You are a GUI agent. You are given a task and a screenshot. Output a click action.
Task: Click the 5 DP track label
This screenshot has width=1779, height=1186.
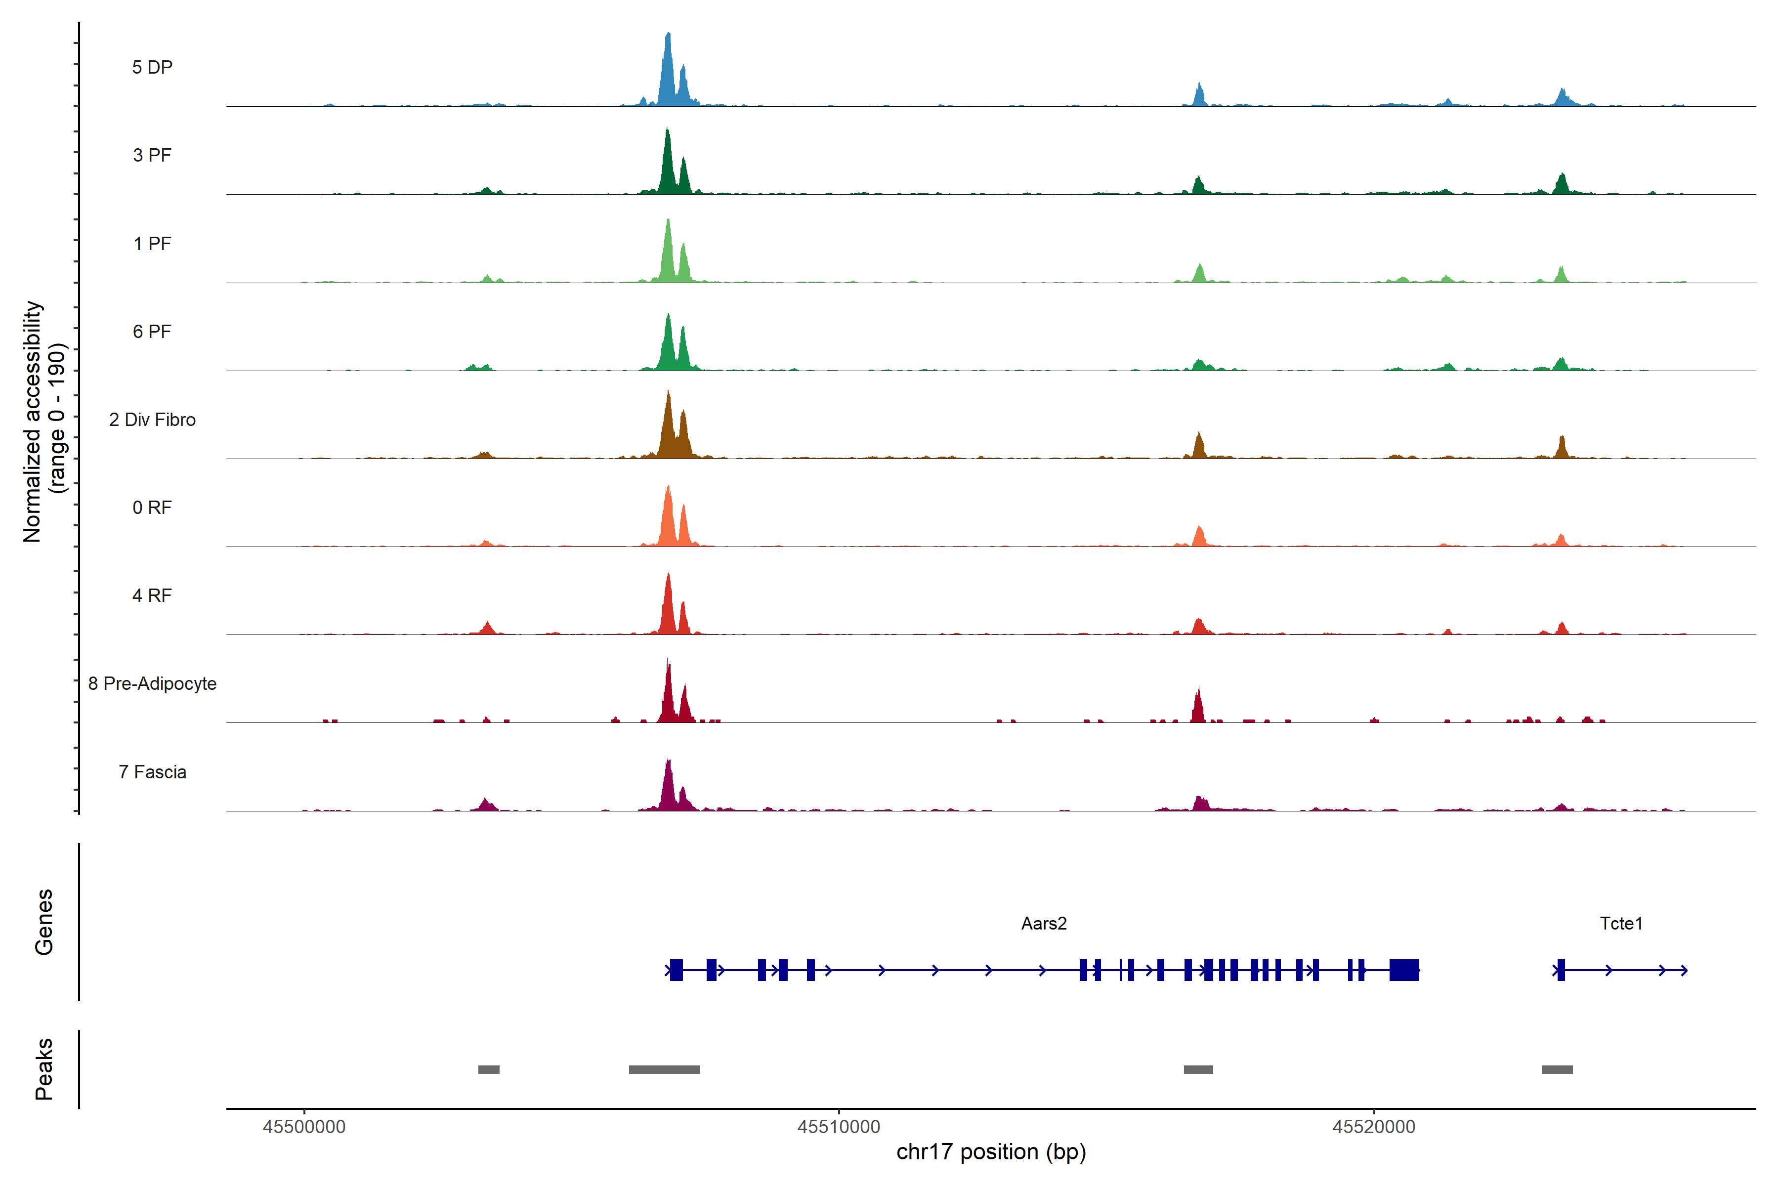(x=152, y=67)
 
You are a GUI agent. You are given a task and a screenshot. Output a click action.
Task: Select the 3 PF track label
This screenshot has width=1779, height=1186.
(x=152, y=155)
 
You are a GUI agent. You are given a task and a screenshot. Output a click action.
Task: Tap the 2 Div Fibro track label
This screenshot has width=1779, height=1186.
(x=152, y=420)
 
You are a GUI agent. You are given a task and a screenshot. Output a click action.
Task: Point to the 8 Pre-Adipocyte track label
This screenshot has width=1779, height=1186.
(x=152, y=684)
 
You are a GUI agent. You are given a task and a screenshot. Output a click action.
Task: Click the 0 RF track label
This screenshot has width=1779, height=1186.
(x=152, y=508)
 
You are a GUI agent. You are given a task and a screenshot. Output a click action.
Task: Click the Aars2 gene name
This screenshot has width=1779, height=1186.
(x=1044, y=924)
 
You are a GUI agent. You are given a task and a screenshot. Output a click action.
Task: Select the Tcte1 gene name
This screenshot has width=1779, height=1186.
(x=1621, y=924)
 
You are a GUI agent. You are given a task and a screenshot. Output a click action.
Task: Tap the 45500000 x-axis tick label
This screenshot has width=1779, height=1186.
(x=304, y=1127)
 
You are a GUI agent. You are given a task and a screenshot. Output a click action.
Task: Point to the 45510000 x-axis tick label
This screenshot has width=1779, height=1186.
(x=839, y=1127)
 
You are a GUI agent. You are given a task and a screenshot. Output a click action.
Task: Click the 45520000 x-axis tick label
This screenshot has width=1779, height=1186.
(x=1374, y=1127)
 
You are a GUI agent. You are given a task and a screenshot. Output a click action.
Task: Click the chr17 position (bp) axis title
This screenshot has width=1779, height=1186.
(x=991, y=1152)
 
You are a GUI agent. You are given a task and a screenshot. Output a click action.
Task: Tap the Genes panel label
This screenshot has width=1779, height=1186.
(x=44, y=922)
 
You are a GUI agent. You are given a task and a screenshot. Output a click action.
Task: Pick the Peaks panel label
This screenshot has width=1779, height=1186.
(x=44, y=1069)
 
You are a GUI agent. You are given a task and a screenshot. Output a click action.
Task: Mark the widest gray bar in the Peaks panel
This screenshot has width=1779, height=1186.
(x=664, y=1069)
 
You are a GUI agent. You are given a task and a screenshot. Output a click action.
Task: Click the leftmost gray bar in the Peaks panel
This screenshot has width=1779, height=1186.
(x=489, y=1069)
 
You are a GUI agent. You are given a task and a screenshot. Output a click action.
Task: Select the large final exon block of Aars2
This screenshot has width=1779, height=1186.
(x=1404, y=970)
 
